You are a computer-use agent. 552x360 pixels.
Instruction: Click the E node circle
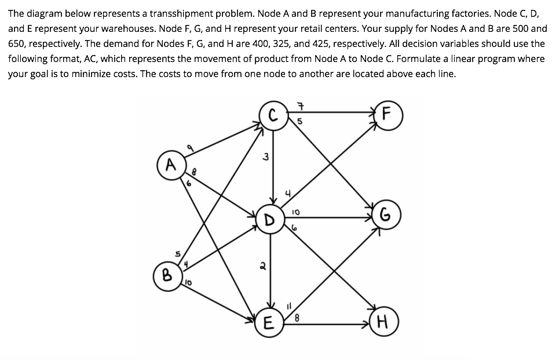click(268, 323)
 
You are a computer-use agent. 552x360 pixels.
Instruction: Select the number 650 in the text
click(19, 43)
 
